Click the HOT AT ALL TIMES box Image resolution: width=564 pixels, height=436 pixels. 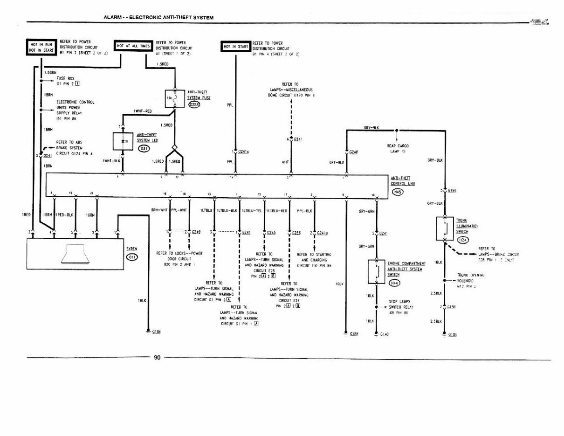[x=133, y=46]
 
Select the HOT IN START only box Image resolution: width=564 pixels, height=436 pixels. [x=235, y=47]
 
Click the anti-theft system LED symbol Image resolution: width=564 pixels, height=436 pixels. [x=123, y=140]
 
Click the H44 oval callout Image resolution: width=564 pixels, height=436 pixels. [x=394, y=283]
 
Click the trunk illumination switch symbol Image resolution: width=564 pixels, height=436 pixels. [x=445, y=228]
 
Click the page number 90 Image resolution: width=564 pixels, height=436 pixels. [x=157, y=358]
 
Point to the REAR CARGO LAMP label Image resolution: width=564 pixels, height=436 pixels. [x=398, y=148]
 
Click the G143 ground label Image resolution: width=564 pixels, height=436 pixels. [x=385, y=334]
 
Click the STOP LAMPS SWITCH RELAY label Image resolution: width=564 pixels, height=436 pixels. [x=401, y=307]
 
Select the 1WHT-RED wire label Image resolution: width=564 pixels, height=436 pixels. [x=143, y=111]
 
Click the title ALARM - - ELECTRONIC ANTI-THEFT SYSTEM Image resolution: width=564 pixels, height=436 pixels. [x=158, y=17]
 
